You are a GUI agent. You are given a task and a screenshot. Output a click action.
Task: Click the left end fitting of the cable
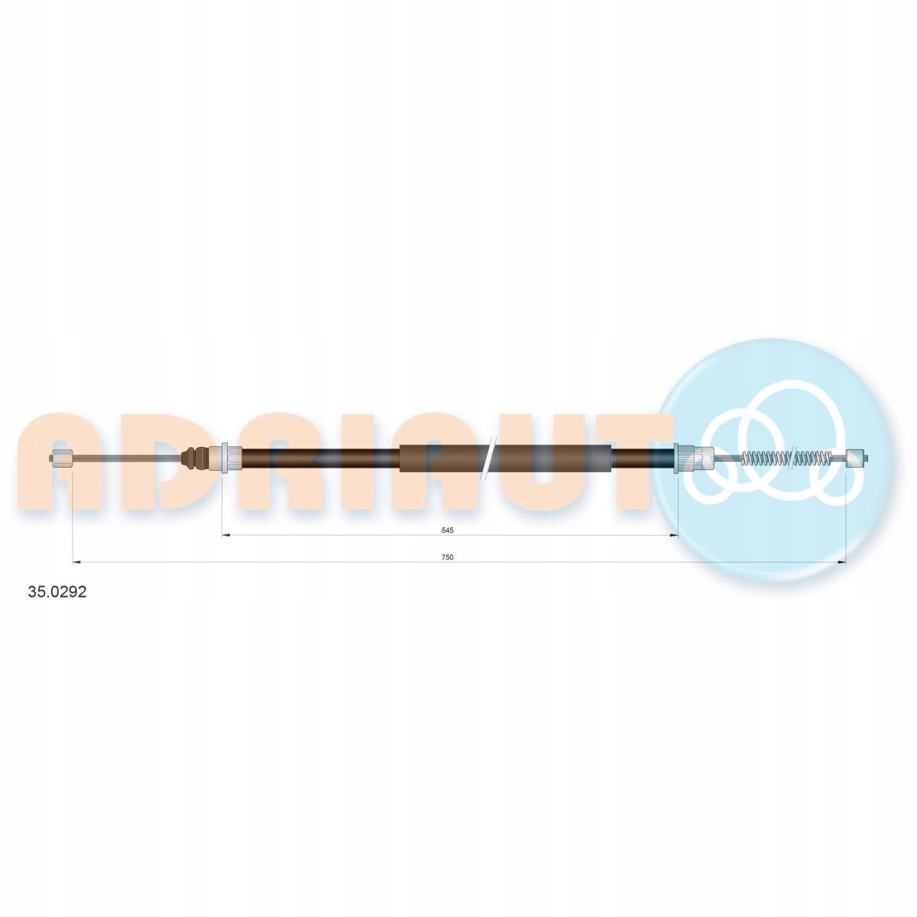click(x=61, y=458)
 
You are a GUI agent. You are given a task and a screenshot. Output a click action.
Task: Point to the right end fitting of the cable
click(x=857, y=458)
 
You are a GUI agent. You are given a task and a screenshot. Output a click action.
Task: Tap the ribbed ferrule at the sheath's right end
click(x=683, y=458)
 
